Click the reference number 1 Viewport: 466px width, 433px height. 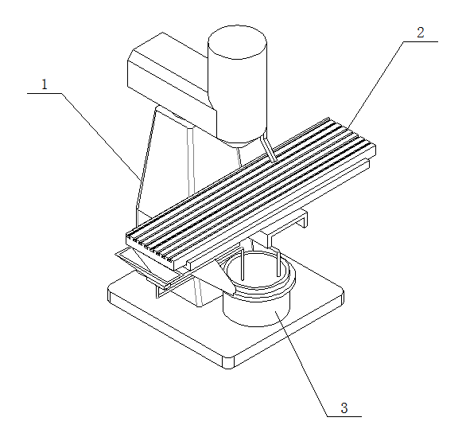click(x=45, y=84)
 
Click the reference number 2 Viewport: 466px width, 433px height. click(x=420, y=33)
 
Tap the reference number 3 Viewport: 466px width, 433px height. click(x=344, y=408)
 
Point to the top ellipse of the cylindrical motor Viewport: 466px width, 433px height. click(x=237, y=42)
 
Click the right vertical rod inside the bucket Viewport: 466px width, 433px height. click(x=278, y=263)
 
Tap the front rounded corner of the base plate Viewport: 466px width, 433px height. click(x=228, y=362)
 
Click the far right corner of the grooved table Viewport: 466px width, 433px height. click(x=375, y=145)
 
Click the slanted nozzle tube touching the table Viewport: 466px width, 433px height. click(x=268, y=149)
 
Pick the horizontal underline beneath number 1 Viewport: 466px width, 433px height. click(x=45, y=93)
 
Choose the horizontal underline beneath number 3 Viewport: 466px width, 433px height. click(x=344, y=416)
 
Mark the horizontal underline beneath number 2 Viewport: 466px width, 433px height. click(x=421, y=41)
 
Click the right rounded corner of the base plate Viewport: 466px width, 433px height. click(x=341, y=295)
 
